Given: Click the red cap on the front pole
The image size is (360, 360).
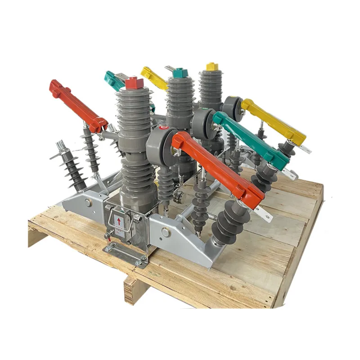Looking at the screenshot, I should [x=134, y=83].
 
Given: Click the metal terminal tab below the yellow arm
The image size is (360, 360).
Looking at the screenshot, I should [x=306, y=148].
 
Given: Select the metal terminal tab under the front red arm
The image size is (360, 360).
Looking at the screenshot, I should [x=267, y=216].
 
